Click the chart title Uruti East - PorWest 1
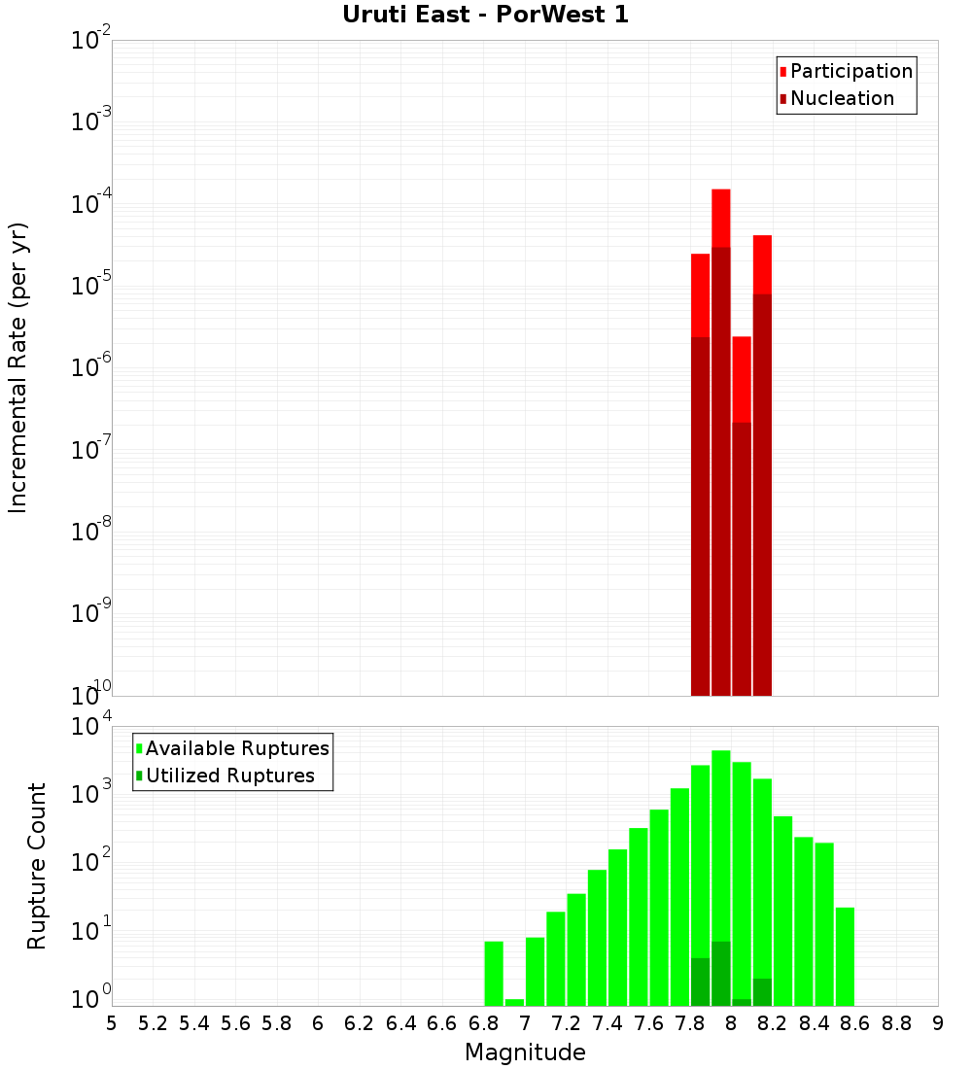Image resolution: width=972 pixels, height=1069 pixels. (x=485, y=15)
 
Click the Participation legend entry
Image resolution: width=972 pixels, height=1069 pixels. (x=850, y=72)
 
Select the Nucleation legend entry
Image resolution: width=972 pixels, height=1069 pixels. (x=841, y=99)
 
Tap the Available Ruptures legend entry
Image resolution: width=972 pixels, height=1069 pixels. (x=236, y=749)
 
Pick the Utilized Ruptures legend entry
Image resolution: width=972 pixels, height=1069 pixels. (x=229, y=776)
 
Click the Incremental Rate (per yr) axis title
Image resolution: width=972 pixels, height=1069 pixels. (x=18, y=368)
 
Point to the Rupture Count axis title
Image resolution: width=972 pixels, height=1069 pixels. (x=37, y=866)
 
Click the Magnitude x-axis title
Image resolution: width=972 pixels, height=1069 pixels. (x=525, y=1052)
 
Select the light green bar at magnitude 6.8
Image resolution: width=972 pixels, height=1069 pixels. (x=494, y=972)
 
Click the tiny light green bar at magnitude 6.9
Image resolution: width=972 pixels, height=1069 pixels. (x=514, y=1002)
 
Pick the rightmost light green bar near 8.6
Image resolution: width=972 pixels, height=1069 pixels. (x=845, y=956)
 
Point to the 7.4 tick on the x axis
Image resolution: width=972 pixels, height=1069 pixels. (x=607, y=1023)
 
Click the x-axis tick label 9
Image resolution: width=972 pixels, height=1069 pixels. (x=937, y=1023)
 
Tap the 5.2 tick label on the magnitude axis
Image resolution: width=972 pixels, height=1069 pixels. (x=153, y=1023)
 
